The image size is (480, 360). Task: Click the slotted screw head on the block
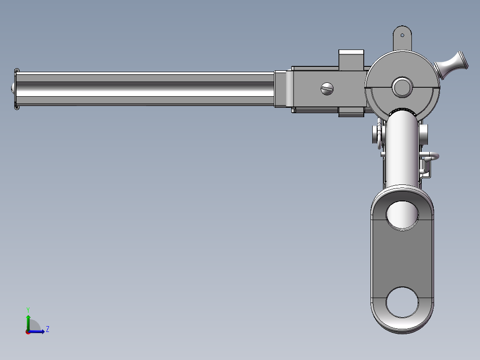click(x=327, y=89)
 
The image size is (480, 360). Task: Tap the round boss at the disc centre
click(x=402, y=87)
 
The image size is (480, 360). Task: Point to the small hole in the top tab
click(x=403, y=35)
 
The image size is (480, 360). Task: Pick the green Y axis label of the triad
click(x=28, y=309)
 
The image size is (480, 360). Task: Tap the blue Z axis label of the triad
click(x=48, y=329)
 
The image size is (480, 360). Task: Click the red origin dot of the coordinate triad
click(x=28, y=331)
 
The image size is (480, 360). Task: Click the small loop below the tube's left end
click(x=17, y=107)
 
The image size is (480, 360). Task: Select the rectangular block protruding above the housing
click(x=351, y=59)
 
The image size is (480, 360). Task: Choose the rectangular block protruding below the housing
click(x=351, y=112)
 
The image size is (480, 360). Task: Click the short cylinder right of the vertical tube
click(x=424, y=134)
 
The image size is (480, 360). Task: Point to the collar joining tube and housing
click(x=283, y=89)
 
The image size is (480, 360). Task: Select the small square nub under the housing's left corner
click(x=293, y=110)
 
